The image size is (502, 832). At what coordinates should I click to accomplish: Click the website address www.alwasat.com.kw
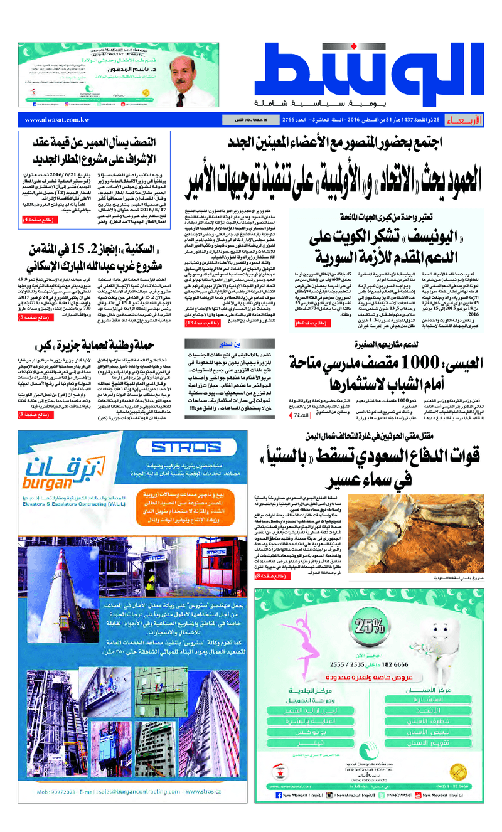pos(56,119)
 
